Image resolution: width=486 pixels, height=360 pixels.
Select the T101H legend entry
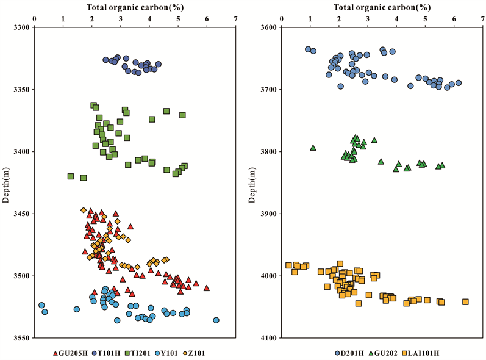pyautogui.click(x=109, y=352)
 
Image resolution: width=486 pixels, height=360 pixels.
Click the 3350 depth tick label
pyautogui.click(x=21, y=90)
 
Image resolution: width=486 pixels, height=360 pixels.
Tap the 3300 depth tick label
pyautogui.click(x=21, y=27)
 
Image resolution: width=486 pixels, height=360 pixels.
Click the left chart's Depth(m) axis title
pyautogui.click(x=5, y=182)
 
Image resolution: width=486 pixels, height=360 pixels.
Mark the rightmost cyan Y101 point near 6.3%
pyautogui.click(x=216, y=320)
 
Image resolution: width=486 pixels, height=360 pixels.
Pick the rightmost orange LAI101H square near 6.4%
pyautogui.click(x=465, y=301)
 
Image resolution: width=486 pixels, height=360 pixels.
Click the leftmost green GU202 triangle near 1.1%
pyautogui.click(x=313, y=147)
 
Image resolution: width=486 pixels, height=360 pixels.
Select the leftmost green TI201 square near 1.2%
pyautogui.click(x=71, y=176)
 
